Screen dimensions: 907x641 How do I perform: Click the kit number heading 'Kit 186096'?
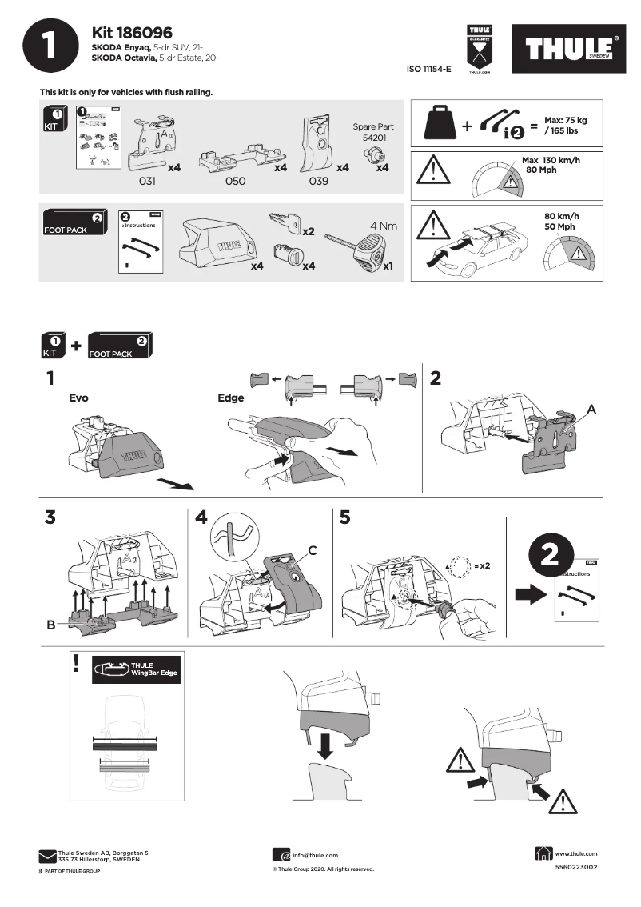[133, 33]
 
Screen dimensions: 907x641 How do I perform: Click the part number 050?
[235, 182]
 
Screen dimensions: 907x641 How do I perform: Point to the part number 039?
[319, 182]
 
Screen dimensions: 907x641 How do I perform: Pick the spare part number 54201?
[373, 138]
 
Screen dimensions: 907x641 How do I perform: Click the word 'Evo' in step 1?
[78, 397]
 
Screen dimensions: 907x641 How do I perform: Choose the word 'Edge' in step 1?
[230, 398]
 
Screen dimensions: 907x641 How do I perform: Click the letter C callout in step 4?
[313, 550]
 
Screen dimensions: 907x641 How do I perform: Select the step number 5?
[344, 517]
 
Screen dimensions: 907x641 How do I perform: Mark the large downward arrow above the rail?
[325, 745]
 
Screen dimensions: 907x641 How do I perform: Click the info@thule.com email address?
[315, 855]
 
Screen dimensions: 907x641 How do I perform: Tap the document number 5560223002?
[575, 868]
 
